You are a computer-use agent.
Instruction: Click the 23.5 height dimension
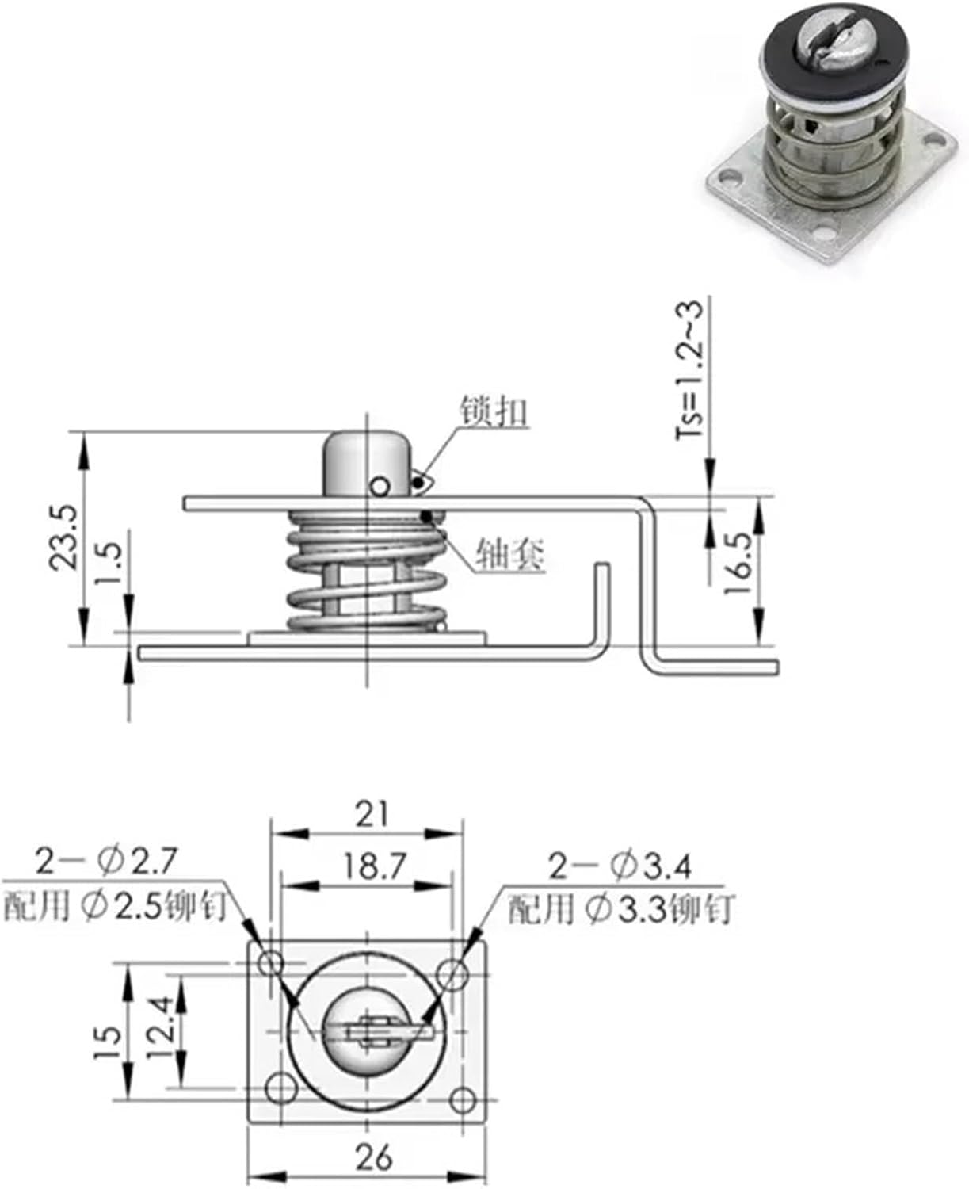(x=63, y=537)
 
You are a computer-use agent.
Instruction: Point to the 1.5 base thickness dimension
(x=109, y=564)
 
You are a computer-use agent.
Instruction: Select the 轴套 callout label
(x=510, y=554)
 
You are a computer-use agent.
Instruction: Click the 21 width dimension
(x=372, y=814)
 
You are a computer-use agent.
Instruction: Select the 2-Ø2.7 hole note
(x=108, y=861)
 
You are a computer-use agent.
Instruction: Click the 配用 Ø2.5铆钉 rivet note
(x=115, y=906)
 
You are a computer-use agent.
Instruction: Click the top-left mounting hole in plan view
(x=271, y=964)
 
